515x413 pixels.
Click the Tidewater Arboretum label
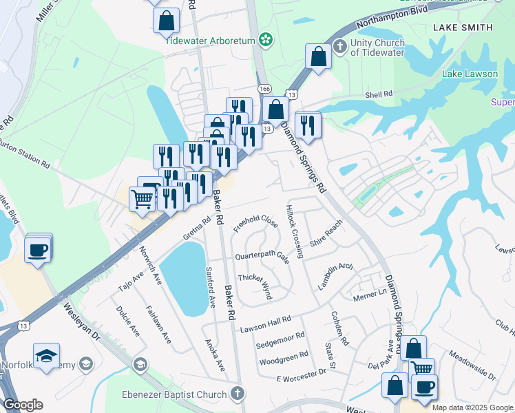point(209,40)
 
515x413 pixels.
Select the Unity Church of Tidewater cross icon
point(339,47)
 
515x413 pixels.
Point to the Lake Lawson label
point(470,74)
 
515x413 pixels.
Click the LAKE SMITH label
point(463,28)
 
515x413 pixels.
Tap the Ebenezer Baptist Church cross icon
point(238,394)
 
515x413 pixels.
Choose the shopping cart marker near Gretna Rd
point(142,200)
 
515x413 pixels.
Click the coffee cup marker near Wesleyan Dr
point(39,248)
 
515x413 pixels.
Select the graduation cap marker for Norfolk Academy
point(46,357)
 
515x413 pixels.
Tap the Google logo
point(23,405)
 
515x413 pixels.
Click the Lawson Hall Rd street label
point(266,324)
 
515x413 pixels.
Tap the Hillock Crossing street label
point(295,231)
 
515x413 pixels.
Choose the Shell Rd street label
point(379,94)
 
